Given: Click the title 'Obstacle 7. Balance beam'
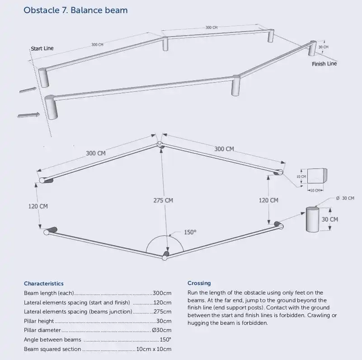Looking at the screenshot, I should coord(75,10).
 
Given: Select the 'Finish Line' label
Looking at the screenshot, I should coord(324,64).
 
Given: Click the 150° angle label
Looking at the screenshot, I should coord(190,232).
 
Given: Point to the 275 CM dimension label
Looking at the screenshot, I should coord(163,200).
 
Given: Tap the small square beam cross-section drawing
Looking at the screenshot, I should coord(316,176).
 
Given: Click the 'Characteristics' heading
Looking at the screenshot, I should coord(43,284).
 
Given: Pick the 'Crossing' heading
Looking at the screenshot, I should coord(199,283).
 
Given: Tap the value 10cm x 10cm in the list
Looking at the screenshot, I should coord(154,349).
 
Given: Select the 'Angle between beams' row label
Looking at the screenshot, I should coord(52,340).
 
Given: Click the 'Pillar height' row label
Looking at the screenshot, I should coord(39,321).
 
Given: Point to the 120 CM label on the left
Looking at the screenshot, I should coord(38,206).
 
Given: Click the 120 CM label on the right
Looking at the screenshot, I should coord(268,200).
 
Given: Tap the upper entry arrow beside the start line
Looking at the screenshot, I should coord(28,89).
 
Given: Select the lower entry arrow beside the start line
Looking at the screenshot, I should coord(28,115).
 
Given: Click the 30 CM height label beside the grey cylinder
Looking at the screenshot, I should coord(329,219).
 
